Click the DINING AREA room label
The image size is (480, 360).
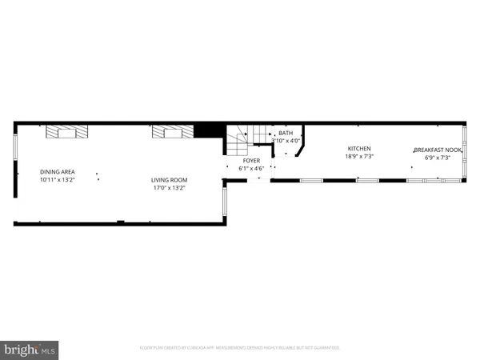coord(58,172)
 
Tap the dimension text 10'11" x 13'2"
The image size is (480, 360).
coord(58,181)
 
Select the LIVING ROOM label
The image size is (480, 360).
coord(169,180)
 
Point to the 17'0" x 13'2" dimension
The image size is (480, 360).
coord(169,189)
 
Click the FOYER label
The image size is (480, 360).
coord(252,161)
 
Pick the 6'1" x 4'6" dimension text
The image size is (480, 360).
coord(252,169)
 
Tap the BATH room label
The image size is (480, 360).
coord(286,133)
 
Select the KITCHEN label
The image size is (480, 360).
coord(359,149)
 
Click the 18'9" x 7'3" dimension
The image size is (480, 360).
coord(359,157)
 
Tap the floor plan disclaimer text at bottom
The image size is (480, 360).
coord(239,348)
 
